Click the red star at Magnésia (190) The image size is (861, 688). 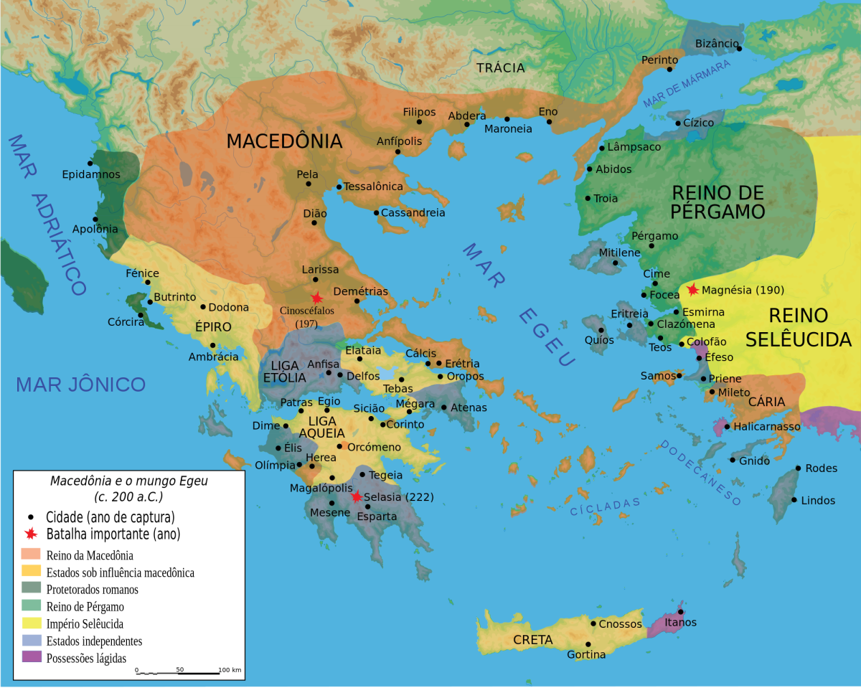692,290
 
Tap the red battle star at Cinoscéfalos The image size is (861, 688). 316,298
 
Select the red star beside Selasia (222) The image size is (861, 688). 357,496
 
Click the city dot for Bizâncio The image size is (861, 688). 739,49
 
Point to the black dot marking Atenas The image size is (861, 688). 444,407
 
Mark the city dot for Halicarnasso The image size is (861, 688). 727,427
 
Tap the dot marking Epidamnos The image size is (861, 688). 90,164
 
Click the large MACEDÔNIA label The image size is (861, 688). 284,141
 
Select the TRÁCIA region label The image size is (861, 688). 501,68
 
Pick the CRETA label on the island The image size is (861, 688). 532,639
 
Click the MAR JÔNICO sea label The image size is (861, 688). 80,385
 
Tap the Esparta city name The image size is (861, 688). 377,517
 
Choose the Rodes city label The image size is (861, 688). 822,468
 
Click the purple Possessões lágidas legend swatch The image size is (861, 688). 32,657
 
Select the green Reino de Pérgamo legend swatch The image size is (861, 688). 32,606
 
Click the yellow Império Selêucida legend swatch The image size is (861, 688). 32,623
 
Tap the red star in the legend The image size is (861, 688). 30,534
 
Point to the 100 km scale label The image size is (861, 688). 230,669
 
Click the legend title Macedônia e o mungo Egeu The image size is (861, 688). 128,481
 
